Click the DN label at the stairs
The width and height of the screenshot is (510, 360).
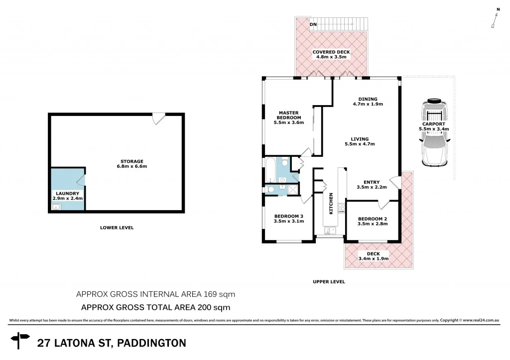click(x=313, y=24)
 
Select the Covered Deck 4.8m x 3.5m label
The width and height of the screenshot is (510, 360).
click(x=331, y=54)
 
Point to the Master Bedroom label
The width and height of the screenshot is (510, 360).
click(x=288, y=117)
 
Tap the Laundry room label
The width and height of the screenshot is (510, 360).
click(x=67, y=195)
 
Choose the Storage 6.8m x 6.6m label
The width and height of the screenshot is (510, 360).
click(x=131, y=163)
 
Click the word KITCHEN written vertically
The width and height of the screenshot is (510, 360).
click(x=330, y=204)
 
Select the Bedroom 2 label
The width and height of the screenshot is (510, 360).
click(x=373, y=221)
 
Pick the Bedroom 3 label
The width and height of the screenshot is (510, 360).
click(x=289, y=219)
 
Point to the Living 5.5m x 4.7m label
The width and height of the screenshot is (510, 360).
click(x=360, y=141)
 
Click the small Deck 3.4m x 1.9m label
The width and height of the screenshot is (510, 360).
click(x=373, y=256)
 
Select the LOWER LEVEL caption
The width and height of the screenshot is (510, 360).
click(x=117, y=228)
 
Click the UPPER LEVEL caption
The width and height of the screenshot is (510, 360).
click(x=329, y=282)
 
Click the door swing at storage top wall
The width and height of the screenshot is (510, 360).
click(x=158, y=119)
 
